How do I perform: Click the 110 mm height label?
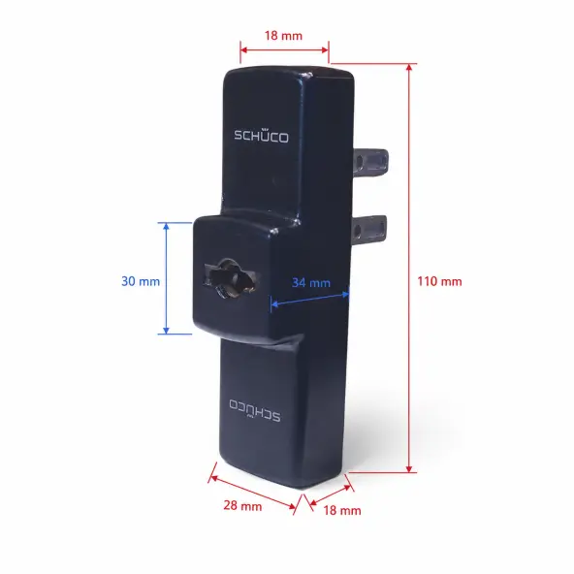[439, 281]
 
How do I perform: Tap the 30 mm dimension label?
[141, 281]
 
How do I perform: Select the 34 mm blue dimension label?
[311, 282]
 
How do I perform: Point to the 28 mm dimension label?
[242, 505]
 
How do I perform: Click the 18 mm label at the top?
[283, 36]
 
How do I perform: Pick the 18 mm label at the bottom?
[342, 510]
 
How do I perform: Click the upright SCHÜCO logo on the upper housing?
[261, 135]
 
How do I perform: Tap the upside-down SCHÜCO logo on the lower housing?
[255, 410]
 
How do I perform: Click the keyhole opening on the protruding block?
[231, 278]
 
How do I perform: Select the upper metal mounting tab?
[370, 161]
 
